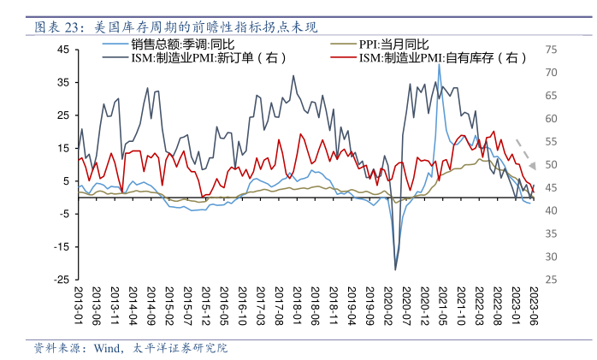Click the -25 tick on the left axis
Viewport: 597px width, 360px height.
pyautogui.click(x=62, y=279)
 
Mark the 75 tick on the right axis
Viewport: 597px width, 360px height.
pyautogui.click(x=552, y=50)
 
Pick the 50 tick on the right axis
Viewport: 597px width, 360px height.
pyautogui.click(x=552, y=164)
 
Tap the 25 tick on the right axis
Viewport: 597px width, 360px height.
pyautogui.click(x=552, y=279)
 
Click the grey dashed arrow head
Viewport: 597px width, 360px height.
pyautogui.click(x=531, y=164)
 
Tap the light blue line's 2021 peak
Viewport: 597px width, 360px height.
pyautogui.click(x=439, y=65)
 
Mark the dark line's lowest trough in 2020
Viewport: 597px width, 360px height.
pyautogui.click(x=395, y=269)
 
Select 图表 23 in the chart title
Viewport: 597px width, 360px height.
pyautogui.click(x=54, y=27)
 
